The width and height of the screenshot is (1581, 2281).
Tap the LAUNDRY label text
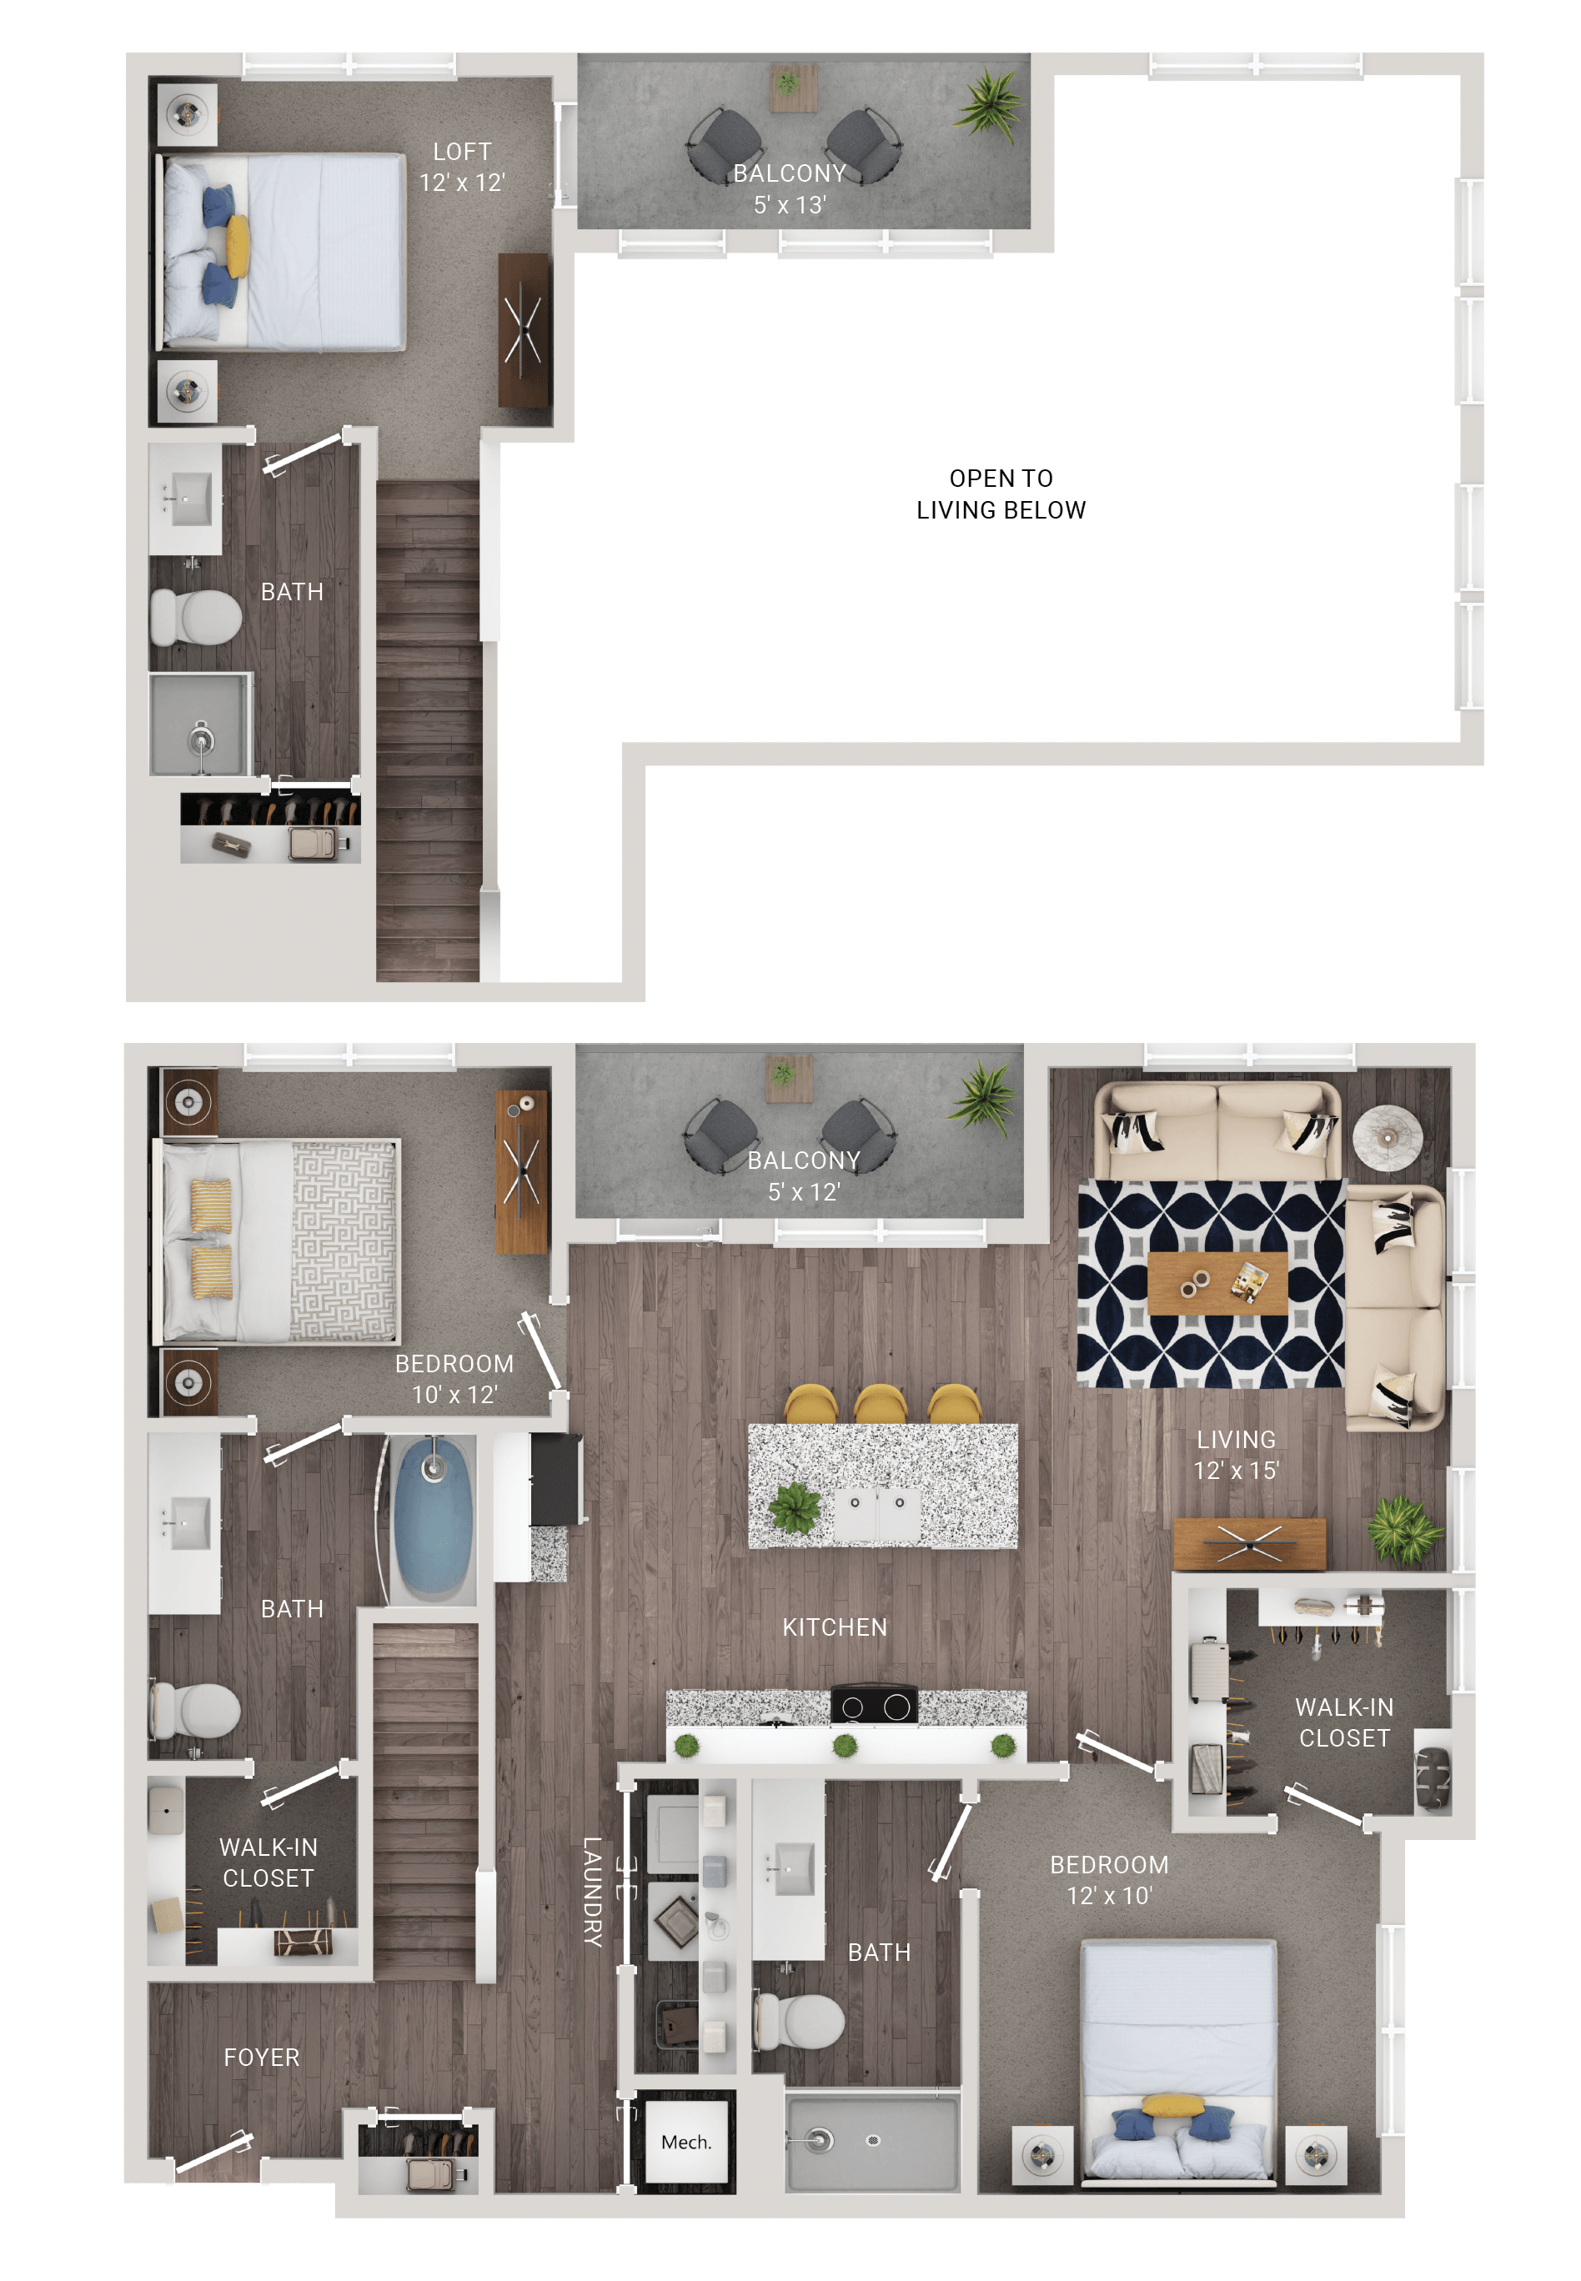[591, 1892]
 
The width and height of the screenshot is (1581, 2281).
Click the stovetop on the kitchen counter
[874, 1706]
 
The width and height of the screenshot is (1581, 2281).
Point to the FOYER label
[262, 2058]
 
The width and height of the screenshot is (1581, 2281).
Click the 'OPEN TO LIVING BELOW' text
[1001, 494]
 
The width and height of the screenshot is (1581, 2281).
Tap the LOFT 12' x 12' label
[462, 168]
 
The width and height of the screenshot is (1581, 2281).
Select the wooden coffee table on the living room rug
[1217, 1282]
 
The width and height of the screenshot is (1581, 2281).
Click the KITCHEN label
[834, 1627]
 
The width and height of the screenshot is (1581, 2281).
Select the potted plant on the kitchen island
[794, 1507]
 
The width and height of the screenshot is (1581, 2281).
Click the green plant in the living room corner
[1403, 1528]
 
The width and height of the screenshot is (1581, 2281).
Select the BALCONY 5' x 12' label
[803, 1176]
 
